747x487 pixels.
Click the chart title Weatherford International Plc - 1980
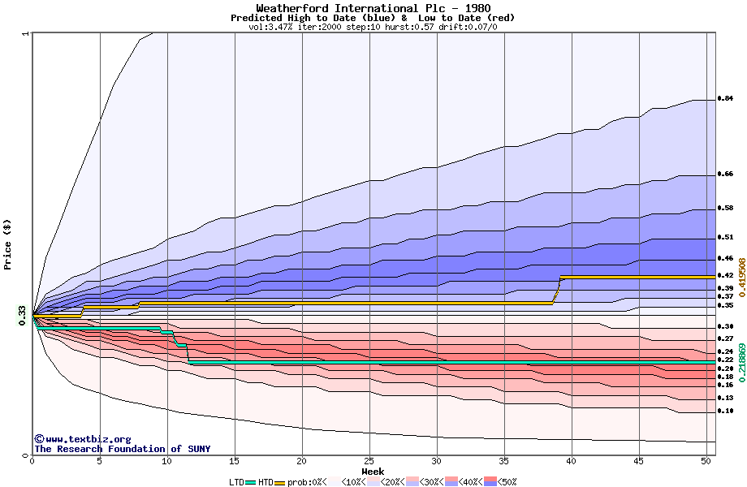pos(373,8)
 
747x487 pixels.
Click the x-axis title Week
pos(373,471)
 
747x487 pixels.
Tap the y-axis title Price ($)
pos(7,244)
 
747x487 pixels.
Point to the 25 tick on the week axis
pos(369,461)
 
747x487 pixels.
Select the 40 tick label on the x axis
pos(572,461)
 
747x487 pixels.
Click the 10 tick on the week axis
pos(167,461)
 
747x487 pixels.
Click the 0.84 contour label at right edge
pos(726,98)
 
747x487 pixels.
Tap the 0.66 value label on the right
pos(726,174)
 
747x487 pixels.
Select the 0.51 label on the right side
pos(726,237)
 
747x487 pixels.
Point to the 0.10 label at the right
pos(726,411)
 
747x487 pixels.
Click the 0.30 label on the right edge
pos(726,325)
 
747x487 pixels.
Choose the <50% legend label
pos(507,482)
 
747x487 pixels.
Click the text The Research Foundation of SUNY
pos(122,449)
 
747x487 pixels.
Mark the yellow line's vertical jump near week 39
pos(558,291)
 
